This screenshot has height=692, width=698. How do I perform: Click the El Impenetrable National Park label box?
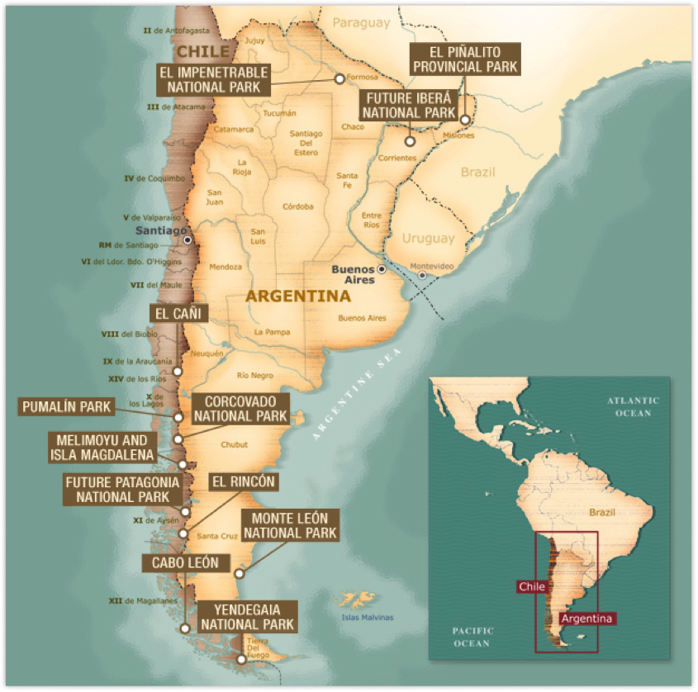(x=211, y=79)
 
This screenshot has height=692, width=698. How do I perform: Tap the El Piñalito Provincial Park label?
(x=466, y=59)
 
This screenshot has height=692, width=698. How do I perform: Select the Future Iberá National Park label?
(x=409, y=105)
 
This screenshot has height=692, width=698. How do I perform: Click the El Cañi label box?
(x=176, y=313)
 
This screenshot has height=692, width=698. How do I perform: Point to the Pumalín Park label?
(x=67, y=406)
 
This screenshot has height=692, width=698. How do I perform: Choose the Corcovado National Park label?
(x=240, y=407)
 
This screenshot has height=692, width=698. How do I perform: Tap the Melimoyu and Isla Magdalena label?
(x=98, y=448)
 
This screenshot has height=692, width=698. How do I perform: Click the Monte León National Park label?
(x=289, y=525)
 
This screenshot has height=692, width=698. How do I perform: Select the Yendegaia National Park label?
(x=247, y=617)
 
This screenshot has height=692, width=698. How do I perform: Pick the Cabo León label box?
(x=185, y=563)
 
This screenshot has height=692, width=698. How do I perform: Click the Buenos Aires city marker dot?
(x=382, y=270)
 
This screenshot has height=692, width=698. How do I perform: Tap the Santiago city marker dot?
(x=188, y=239)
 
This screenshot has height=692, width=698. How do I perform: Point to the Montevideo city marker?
(x=422, y=275)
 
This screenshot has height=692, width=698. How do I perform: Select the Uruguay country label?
(x=428, y=239)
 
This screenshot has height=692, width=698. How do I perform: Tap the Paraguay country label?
(x=361, y=24)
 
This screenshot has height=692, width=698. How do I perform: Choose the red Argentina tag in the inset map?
(x=586, y=618)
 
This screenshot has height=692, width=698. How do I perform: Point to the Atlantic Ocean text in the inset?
(x=633, y=406)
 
